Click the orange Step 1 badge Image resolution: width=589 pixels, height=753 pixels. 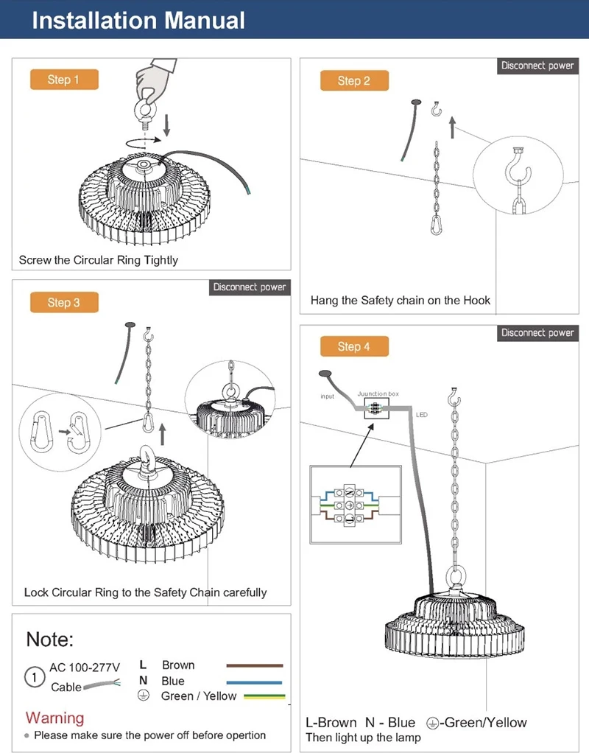[63, 80]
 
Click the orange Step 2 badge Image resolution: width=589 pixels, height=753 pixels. [354, 80]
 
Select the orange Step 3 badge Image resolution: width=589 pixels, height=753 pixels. [63, 302]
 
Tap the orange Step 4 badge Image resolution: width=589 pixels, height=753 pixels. [354, 346]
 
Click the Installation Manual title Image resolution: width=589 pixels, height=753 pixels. [138, 20]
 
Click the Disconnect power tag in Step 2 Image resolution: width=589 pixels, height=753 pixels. [537, 66]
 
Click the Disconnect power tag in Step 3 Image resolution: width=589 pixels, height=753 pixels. [250, 287]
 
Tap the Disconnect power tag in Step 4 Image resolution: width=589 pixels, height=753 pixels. [537, 333]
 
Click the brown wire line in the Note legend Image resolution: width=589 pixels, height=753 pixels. [254, 665]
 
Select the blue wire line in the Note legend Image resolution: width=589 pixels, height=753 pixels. [254, 682]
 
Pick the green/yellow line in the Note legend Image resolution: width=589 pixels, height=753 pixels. [254, 696]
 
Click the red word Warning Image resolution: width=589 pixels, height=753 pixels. [54, 718]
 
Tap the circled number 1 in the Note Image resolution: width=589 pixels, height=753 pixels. [34, 677]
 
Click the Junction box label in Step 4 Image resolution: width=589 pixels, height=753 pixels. [378, 394]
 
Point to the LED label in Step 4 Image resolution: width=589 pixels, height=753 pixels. [422, 415]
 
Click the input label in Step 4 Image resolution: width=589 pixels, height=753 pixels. [327, 396]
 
